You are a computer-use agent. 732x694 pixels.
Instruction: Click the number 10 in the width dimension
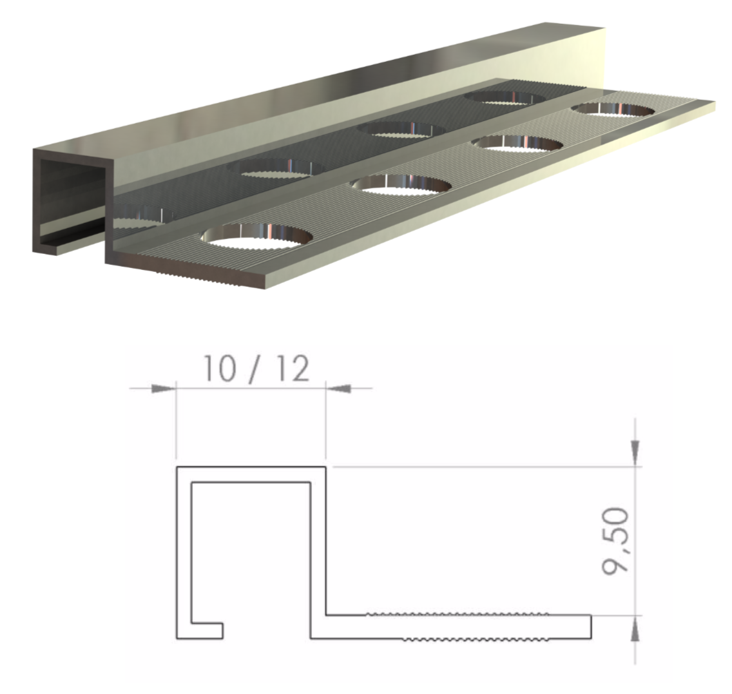click(220, 369)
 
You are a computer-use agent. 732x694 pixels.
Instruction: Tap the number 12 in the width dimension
click(292, 369)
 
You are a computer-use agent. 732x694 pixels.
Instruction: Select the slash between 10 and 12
click(256, 370)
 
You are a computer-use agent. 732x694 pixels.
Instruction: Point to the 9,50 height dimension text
click(616, 541)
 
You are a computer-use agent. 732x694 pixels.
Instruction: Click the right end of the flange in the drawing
click(591, 627)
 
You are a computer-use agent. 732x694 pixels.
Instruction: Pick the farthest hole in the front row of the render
click(613, 109)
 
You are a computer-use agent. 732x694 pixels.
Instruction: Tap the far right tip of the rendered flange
click(715, 106)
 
